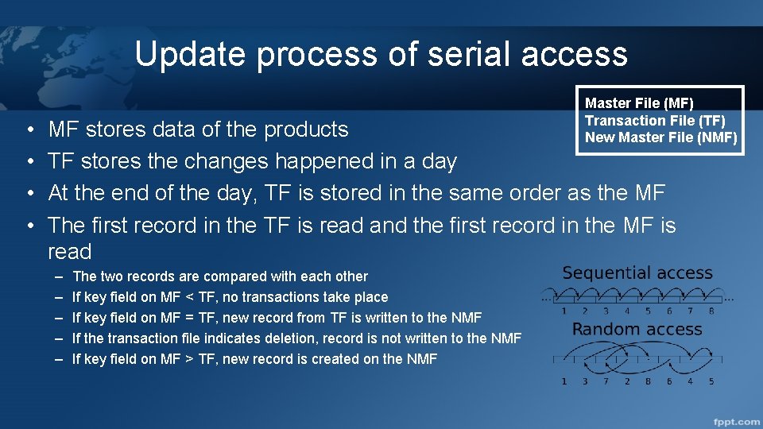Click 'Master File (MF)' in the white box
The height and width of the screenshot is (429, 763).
tap(639, 103)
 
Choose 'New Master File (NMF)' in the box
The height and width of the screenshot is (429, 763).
tap(660, 137)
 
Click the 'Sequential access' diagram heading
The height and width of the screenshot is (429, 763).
tap(637, 273)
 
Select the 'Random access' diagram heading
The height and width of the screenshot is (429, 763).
tap(637, 329)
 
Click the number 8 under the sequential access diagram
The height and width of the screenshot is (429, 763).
tap(711, 311)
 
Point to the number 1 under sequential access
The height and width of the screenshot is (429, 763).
tap(564, 311)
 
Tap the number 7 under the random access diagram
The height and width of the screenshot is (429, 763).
tap(606, 381)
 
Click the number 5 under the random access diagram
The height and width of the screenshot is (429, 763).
tap(711, 381)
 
